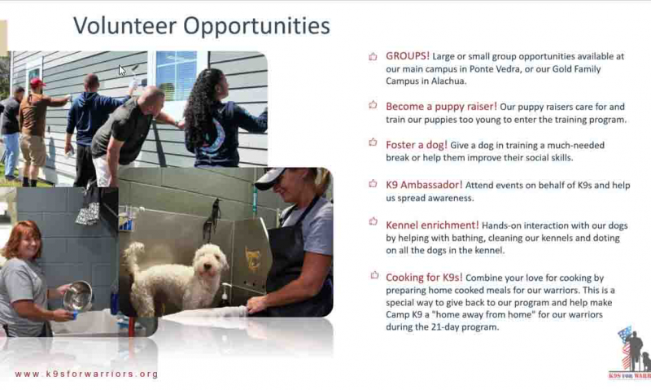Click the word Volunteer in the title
click(x=125, y=26)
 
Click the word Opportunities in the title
click(x=256, y=27)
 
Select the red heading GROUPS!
click(x=408, y=55)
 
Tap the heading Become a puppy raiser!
click(x=441, y=107)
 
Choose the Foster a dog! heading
click(x=417, y=145)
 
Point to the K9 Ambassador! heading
click(x=424, y=185)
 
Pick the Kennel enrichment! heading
click(x=432, y=225)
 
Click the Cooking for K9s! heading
click(x=424, y=278)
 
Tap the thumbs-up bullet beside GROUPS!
click(x=373, y=56)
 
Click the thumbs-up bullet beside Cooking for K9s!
click(x=374, y=275)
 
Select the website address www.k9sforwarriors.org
click(x=86, y=374)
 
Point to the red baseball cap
click(x=37, y=82)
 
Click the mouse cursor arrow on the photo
click(x=122, y=70)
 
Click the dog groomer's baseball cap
click(x=271, y=177)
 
